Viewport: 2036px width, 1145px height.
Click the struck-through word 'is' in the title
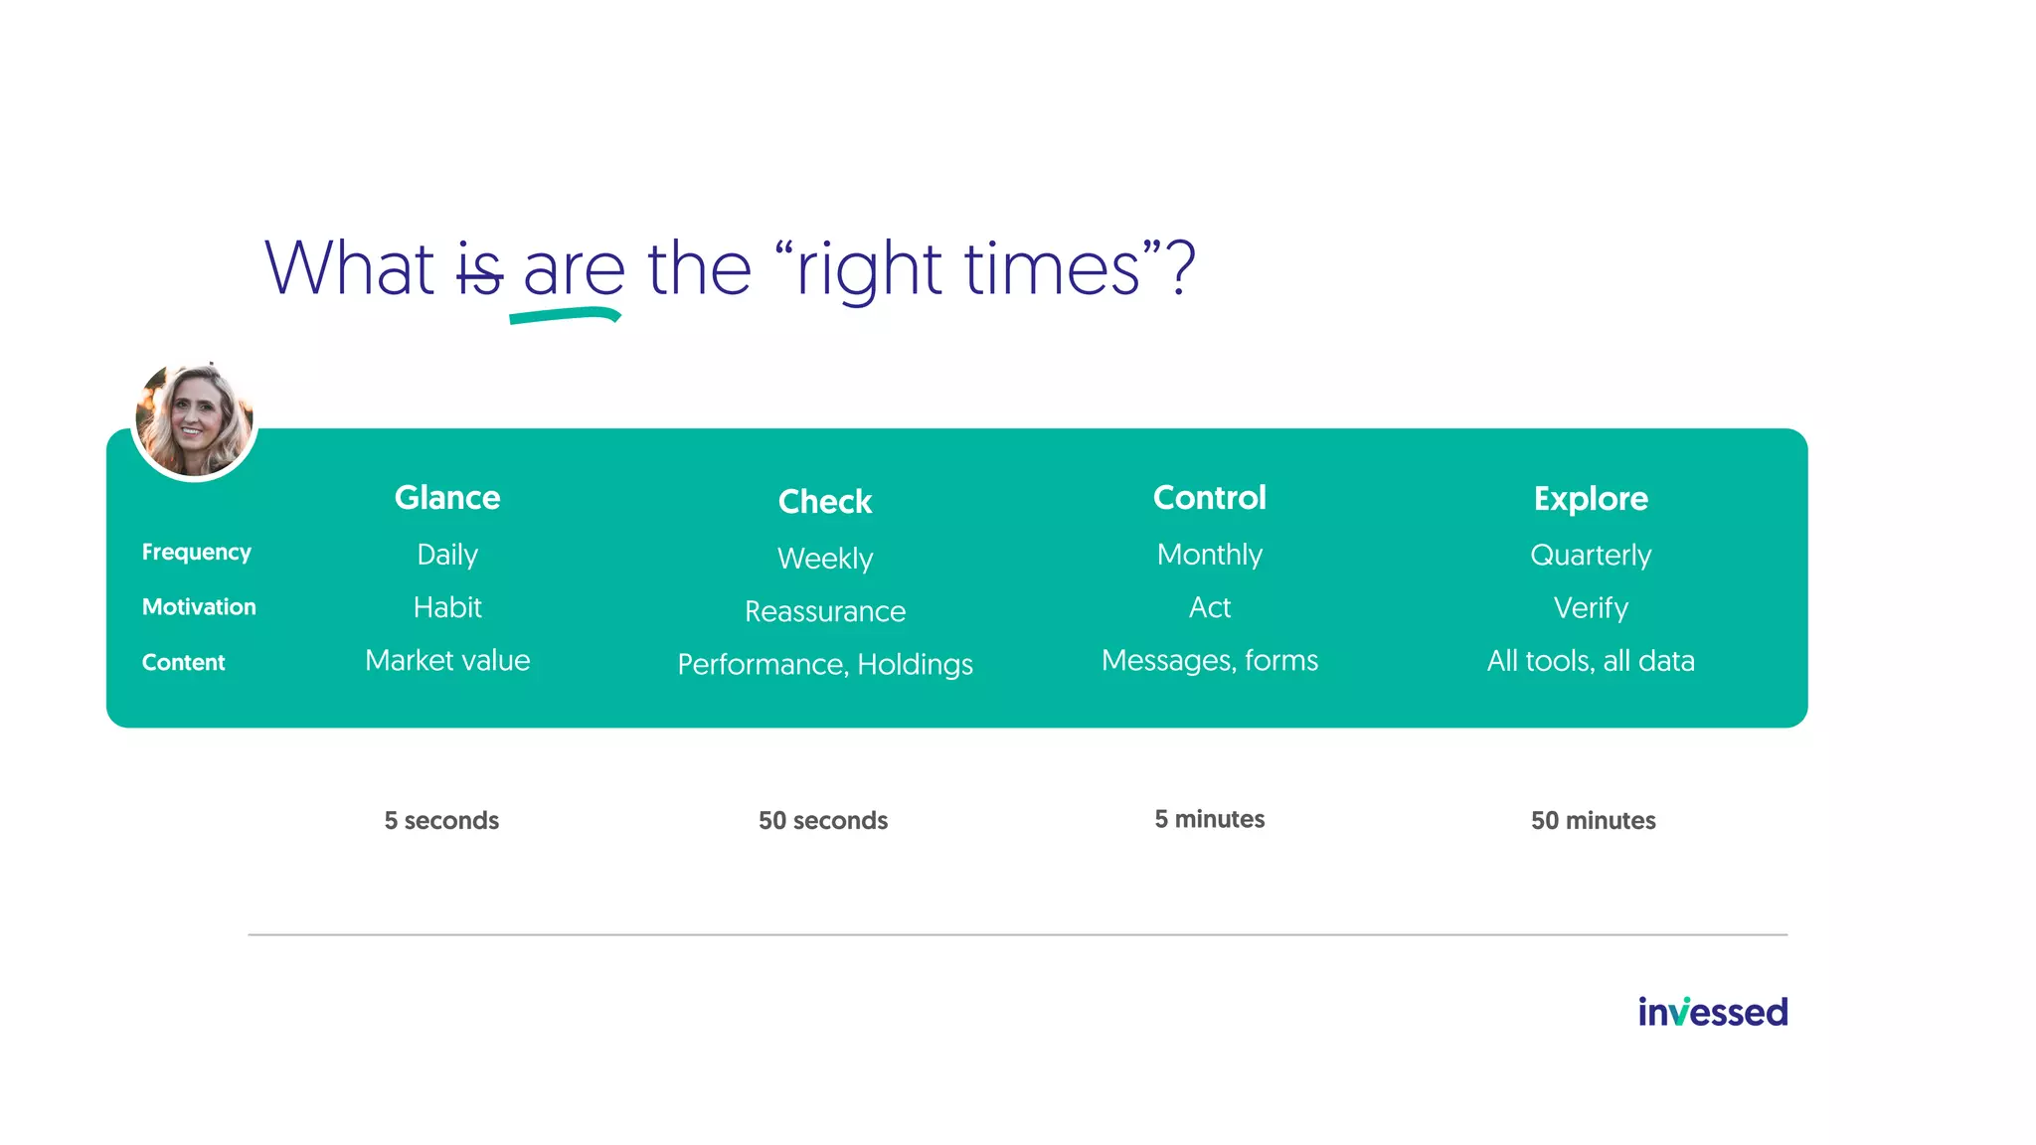(x=479, y=270)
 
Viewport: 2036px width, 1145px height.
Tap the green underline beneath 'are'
(x=564, y=315)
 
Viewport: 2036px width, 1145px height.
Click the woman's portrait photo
(x=195, y=419)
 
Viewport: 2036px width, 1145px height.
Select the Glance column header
(x=447, y=497)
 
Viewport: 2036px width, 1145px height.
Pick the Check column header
(x=824, y=501)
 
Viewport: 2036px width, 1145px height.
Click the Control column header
(x=1209, y=497)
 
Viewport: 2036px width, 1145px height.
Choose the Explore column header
(x=1590, y=498)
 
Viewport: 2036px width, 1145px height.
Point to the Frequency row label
(x=196, y=552)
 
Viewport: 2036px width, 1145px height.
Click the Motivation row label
(x=199, y=606)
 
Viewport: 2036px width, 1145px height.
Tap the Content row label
(x=184, y=662)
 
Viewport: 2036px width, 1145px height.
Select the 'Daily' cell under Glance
(x=447, y=555)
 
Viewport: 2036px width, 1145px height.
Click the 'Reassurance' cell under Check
(x=824, y=611)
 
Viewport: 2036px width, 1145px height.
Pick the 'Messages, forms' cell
(x=1209, y=660)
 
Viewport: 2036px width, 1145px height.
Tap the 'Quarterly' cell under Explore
(x=1590, y=555)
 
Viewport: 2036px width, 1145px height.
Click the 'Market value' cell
(x=447, y=660)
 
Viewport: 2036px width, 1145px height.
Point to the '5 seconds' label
(x=441, y=820)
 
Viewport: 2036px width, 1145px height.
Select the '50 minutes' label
(x=1593, y=820)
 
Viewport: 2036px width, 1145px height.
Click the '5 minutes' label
(x=1209, y=819)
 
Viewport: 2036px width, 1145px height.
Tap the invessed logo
(x=1712, y=1012)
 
